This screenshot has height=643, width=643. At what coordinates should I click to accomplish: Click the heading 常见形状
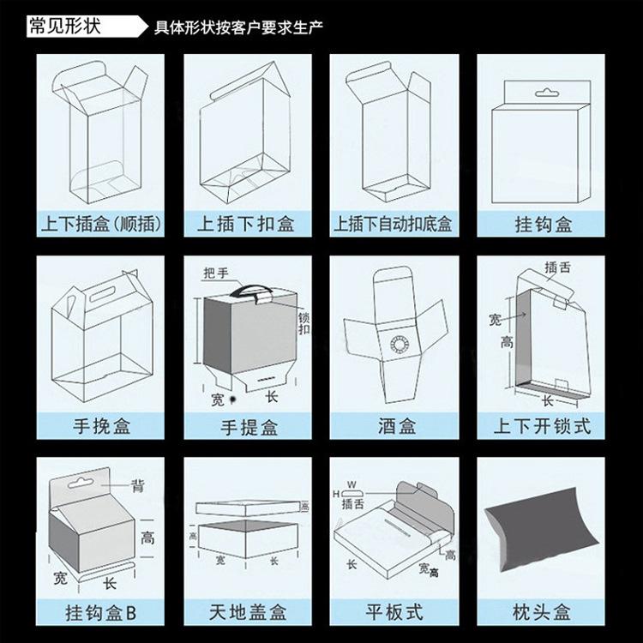point(64,23)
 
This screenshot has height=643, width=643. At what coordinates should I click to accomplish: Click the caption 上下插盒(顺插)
point(101,225)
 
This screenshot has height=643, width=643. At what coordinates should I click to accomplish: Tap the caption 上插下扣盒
point(246,225)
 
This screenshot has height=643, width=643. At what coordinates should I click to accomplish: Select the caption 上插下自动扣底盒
point(394,225)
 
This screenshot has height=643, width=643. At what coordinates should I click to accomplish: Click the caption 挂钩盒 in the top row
point(542,225)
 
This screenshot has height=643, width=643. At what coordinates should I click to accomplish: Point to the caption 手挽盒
point(101,425)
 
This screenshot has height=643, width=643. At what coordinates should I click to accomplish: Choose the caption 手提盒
point(248,425)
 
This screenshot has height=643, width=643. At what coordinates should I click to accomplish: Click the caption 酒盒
point(397,425)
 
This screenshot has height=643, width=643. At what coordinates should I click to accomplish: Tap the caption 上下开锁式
point(542,425)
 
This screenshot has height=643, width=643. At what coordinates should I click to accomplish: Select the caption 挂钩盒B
point(101,614)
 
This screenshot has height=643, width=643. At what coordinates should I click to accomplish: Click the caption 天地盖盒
point(248,614)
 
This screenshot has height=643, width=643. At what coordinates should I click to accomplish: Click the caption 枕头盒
point(542,614)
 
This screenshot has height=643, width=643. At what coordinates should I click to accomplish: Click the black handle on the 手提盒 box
point(255,291)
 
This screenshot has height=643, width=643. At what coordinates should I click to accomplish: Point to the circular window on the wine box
point(399,346)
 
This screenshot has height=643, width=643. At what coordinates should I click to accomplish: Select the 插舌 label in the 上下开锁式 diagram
point(558,268)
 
